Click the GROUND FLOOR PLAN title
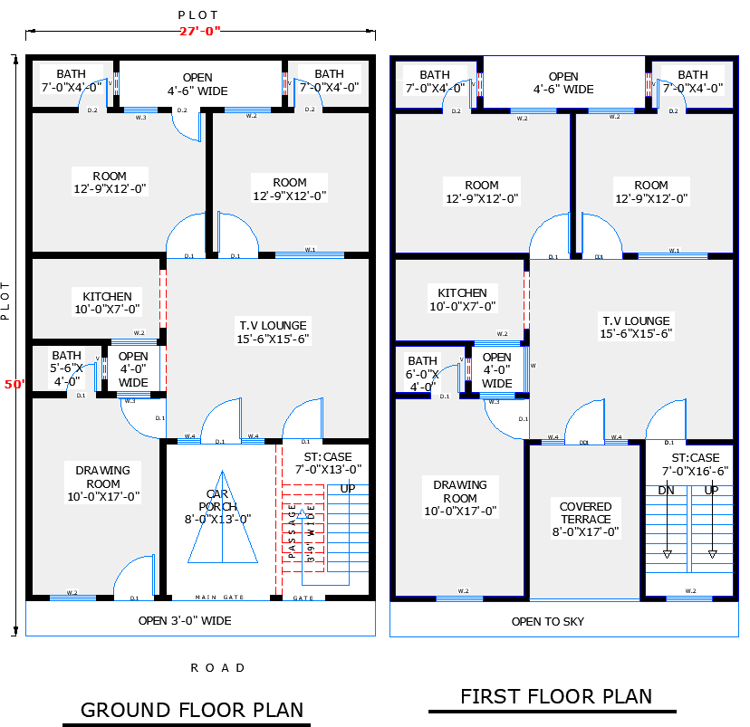192,709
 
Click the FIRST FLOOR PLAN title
556,696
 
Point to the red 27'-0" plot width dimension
199,32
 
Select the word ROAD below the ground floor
217,668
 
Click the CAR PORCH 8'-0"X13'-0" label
218,506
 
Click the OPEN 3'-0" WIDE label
185,621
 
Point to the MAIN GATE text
219,598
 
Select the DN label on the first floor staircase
666,490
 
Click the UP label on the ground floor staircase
347,489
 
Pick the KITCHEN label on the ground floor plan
107,302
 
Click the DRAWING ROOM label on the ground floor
102,483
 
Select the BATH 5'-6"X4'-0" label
66,368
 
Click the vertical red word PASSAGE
293,532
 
